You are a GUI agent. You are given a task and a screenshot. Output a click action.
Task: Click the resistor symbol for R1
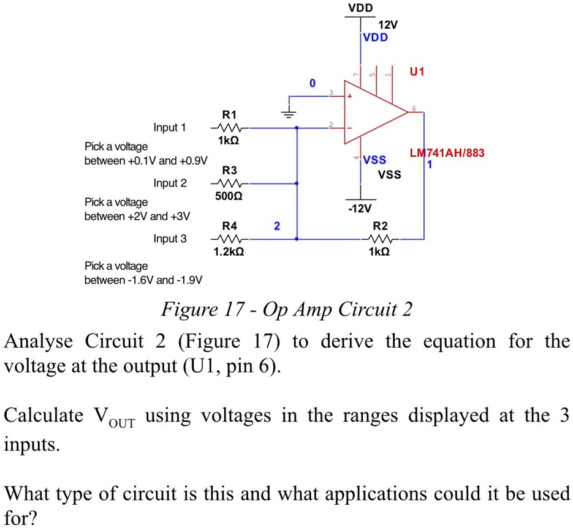tap(229, 128)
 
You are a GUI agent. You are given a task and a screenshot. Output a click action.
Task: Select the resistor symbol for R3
tap(229, 183)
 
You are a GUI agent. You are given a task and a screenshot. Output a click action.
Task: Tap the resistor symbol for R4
tap(229, 239)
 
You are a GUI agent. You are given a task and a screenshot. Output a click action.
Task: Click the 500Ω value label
tap(229, 196)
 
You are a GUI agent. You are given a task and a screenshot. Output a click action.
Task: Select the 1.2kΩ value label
tap(229, 251)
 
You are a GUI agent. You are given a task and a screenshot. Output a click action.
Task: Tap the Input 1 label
tap(170, 128)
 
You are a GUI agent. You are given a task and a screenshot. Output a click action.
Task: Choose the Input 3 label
tap(170, 239)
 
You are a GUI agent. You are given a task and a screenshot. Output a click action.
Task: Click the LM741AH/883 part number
tap(447, 154)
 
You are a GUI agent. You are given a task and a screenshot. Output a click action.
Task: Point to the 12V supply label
tap(388, 26)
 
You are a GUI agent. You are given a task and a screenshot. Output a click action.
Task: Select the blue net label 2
tap(276, 226)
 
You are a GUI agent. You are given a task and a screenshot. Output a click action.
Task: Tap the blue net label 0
tap(312, 83)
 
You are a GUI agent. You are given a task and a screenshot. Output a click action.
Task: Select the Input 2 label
tap(170, 183)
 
